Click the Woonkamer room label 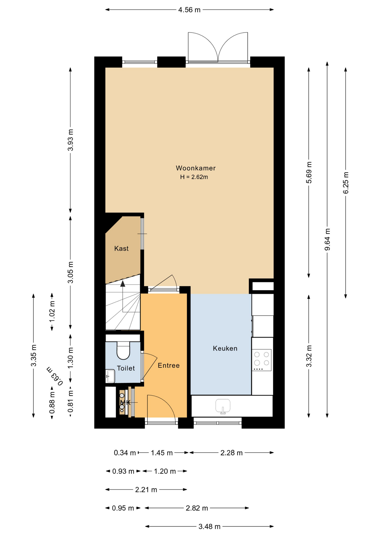pyautogui.click(x=195, y=168)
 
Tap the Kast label pyautogui.click(x=121, y=248)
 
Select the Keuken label pyautogui.click(x=225, y=348)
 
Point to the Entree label pyautogui.click(x=169, y=365)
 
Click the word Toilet pyautogui.click(x=126, y=368)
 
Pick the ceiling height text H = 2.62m pyautogui.click(x=194, y=177)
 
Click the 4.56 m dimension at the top pyautogui.click(x=189, y=10)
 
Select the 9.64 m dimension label pyautogui.click(x=327, y=240)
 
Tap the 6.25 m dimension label pyautogui.click(x=346, y=183)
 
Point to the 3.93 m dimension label pyautogui.click(x=71, y=140)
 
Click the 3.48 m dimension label pyautogui.click(x=209, y=527)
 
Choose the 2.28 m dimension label pyautogui.click(x=231, y=453)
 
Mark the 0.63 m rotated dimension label pyautogui.click(x=55, y=376)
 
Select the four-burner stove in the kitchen pyautogui.click(x=262, y=360)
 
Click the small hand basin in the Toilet pyautogui.click(x=110, y=376)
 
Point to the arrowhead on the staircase pyautogui.click(x=123, y=284)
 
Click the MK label pyautogui.click(x=125, y=403)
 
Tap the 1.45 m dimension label pyautogui.click(x=162, y=453)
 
